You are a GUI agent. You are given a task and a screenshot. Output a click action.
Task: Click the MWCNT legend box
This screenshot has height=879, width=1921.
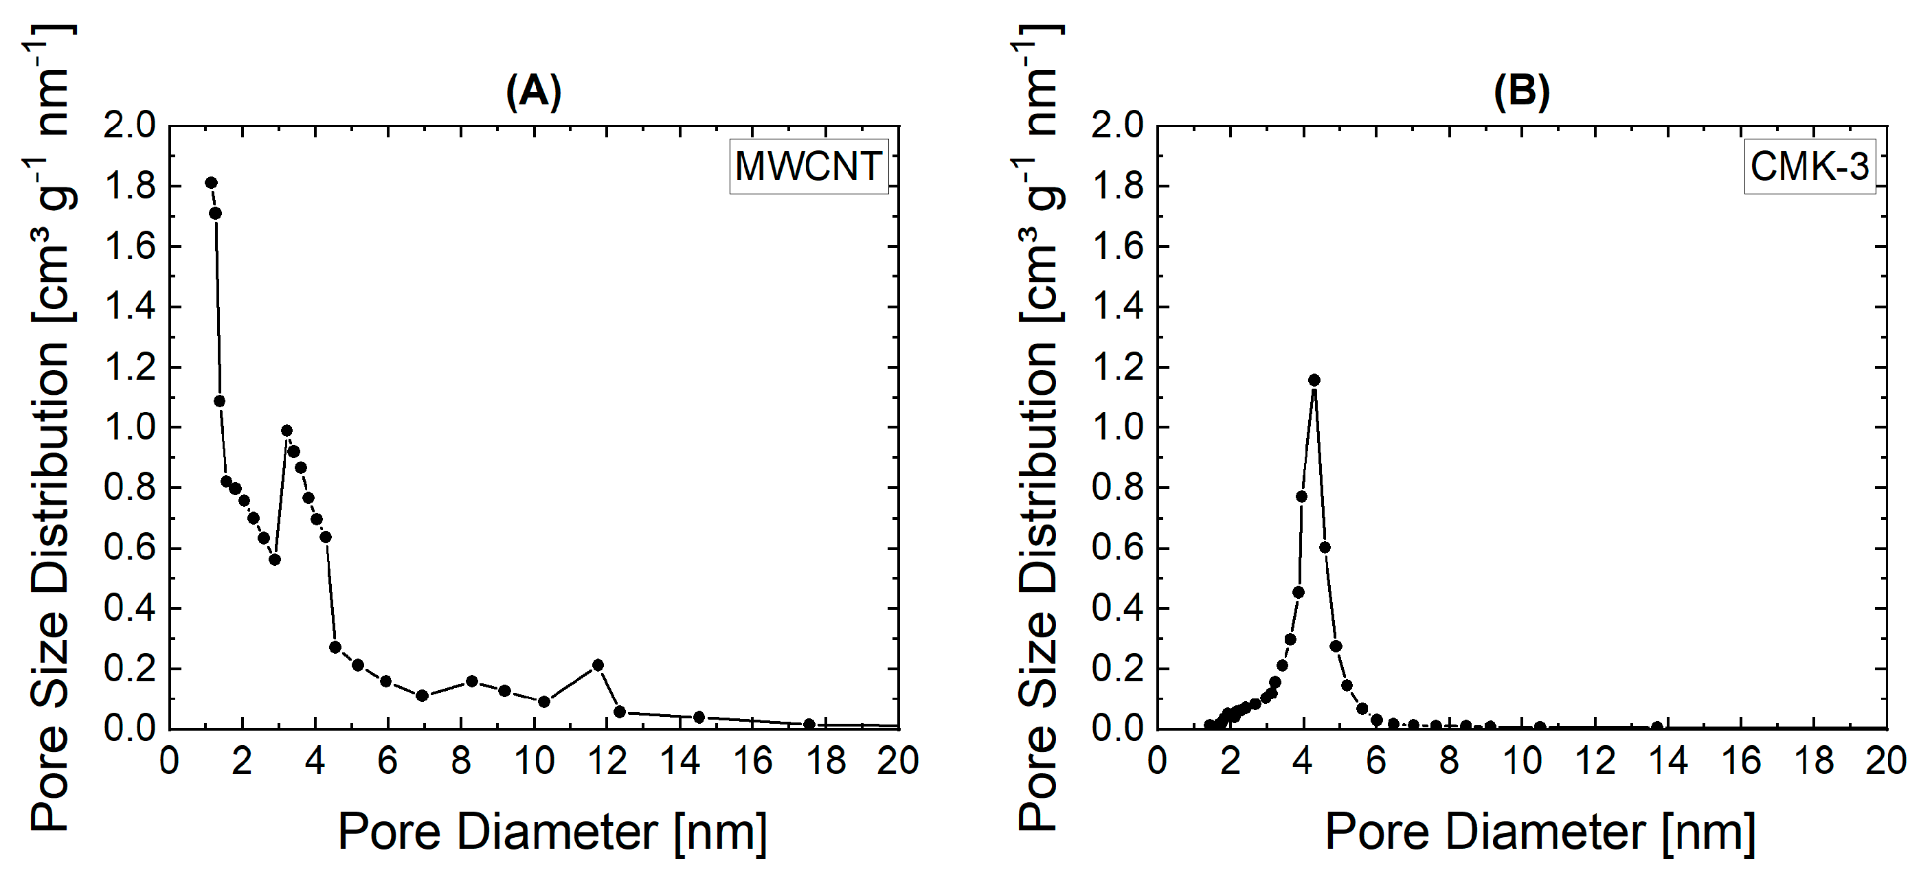coord(809,166)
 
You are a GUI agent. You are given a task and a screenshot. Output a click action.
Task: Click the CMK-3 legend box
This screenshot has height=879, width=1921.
coord(1809,166)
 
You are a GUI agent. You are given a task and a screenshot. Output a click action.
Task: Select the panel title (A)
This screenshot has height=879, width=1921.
coord(533,92)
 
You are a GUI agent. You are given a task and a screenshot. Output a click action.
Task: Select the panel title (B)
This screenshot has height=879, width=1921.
coord(1521,92)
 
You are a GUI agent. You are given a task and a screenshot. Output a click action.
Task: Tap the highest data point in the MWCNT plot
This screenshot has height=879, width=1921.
coord(211,183)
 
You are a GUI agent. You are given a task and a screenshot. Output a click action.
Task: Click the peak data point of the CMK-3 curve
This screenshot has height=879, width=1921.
coord(1314,380)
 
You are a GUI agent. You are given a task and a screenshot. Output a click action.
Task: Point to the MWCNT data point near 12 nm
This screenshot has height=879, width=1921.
coord(597,664)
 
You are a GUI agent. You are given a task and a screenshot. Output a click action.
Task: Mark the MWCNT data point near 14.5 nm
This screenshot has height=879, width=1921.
coord(699,716)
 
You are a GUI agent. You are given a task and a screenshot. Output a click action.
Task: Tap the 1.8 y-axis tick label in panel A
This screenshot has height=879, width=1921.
coord(130,186)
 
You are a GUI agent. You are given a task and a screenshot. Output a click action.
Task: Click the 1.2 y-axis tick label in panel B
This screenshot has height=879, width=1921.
coord(1117,367)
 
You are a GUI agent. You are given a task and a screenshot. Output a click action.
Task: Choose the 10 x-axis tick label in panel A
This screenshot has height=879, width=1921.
coord(534,761)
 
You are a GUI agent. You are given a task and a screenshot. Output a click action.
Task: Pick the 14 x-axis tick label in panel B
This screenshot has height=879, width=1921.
coord(1667,761)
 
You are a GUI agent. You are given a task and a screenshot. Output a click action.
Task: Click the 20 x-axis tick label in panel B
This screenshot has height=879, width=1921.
coord(1885,761)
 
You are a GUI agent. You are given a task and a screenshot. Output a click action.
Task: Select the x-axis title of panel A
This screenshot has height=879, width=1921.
coord(552,832)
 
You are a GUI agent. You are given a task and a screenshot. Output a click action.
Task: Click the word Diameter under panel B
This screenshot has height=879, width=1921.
coord(1545,832)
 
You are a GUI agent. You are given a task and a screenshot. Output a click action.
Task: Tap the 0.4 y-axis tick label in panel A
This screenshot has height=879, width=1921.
coord(130,609)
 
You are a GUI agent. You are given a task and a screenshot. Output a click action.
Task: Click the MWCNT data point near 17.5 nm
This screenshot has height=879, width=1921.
coord(809,724)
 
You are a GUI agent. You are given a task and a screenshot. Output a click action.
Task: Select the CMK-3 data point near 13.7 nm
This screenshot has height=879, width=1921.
coord(1657,726)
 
